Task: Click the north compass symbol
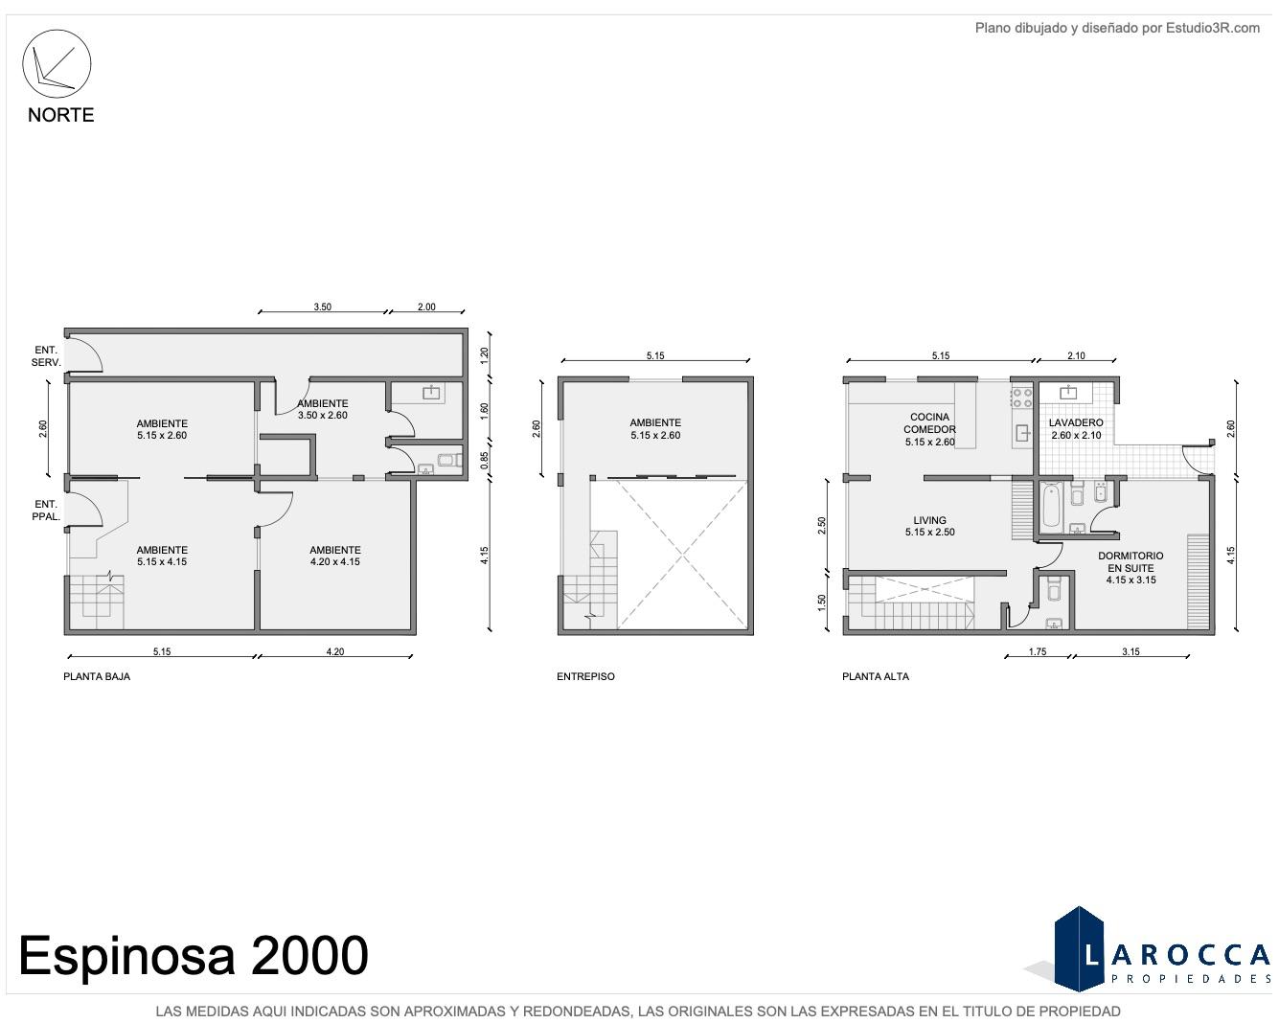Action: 57,63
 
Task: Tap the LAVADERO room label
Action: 1076,422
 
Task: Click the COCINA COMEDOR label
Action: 929,423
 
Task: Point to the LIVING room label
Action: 929,520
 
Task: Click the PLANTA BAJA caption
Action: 97,676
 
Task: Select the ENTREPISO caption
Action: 585,676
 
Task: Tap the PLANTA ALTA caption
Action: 876,676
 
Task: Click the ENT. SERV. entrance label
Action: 46,356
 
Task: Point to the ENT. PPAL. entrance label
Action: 46,511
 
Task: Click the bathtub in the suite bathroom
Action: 1051,505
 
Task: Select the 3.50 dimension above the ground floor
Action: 323,307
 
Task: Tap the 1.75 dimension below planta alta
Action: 1038,651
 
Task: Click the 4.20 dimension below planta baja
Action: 335,651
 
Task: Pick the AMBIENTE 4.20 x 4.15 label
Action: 335,556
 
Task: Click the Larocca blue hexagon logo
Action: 1079,949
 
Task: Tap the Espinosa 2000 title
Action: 194,955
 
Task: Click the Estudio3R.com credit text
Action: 1117,28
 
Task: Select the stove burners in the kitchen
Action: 1022,398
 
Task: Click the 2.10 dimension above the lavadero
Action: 1076,355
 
